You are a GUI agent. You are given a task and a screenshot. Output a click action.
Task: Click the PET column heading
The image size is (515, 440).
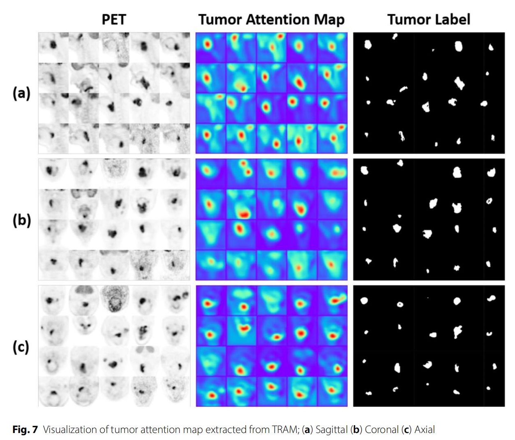point(113,19)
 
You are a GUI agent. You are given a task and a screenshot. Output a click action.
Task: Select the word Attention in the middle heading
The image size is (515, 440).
point(271,19)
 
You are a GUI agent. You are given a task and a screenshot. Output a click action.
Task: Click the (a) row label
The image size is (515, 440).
point(21,93)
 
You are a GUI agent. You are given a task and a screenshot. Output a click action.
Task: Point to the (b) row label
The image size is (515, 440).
point(21,220)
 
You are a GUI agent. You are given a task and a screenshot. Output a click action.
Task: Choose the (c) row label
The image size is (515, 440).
point(21,347)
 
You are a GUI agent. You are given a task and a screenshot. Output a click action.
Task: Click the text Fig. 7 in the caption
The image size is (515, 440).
point(25,430)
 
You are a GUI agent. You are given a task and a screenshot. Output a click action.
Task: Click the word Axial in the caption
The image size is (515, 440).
point(425,430)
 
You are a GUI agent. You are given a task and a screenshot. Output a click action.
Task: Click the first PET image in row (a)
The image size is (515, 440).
point(53,47)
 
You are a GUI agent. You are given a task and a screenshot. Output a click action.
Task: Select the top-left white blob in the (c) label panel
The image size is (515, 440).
point(363,301)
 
